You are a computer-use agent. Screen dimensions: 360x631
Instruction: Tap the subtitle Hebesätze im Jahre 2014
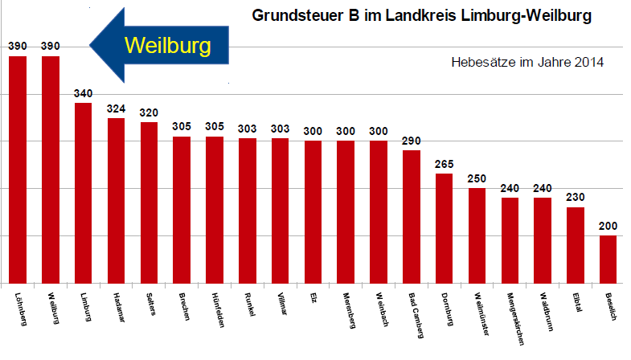(x=527, y=62)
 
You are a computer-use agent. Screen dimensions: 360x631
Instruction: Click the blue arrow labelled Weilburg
(x=160, y=44)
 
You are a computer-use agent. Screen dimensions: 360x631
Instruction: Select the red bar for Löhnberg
(x=18, y=170)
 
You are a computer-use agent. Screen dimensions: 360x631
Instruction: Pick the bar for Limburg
(x=84, y=193)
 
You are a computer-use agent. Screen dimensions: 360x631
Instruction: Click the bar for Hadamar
(x=117, y=200)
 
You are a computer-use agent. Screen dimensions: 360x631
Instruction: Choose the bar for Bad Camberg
(x=412, y=216)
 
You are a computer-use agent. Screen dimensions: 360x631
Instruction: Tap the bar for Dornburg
(x=445, y=228)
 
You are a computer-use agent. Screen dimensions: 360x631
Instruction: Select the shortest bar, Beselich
(x=608, y=259)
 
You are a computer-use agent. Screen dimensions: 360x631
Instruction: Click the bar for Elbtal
(x=576, y=245)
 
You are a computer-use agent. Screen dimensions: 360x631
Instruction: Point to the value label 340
(x=84, y=94)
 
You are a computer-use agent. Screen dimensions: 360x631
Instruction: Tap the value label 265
(x=445, y=165)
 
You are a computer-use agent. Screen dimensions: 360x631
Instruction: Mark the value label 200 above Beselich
(x=608, y=227)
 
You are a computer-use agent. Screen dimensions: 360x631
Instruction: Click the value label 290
(x=412, y=141)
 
